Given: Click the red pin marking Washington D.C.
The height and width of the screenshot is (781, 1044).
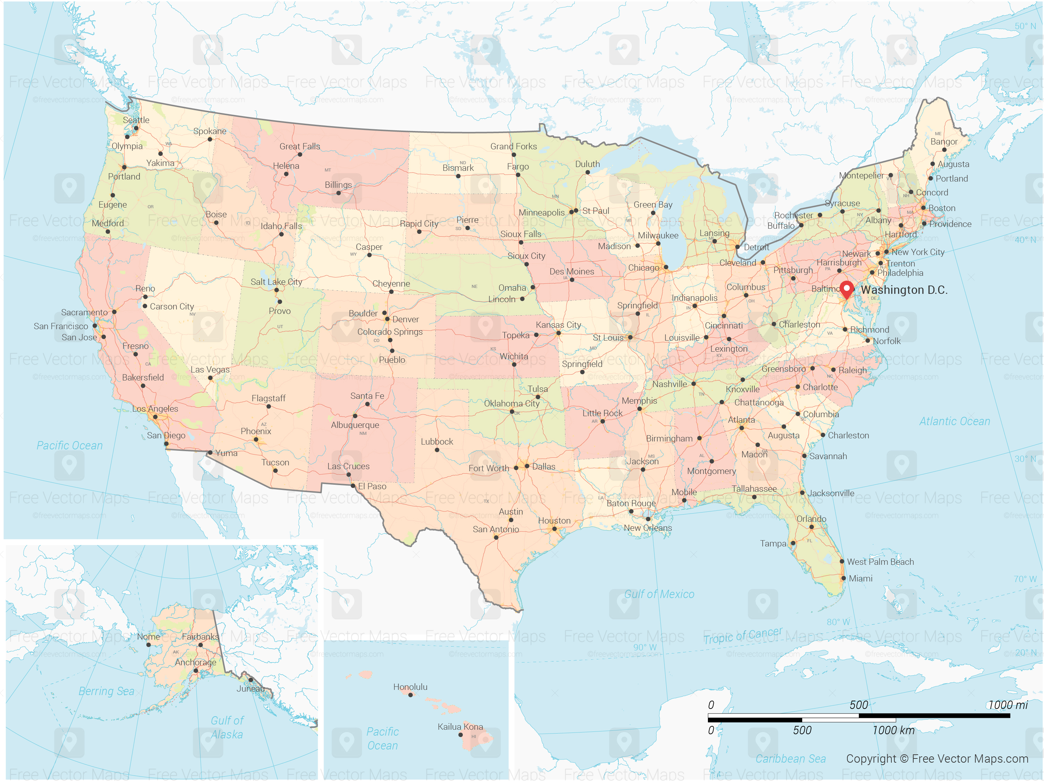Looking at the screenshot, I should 847,289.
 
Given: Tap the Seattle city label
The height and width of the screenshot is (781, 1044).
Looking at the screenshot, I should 136,120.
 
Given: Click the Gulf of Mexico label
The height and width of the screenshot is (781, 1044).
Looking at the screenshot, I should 659,594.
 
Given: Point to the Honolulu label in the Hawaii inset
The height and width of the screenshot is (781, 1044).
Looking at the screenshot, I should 410,687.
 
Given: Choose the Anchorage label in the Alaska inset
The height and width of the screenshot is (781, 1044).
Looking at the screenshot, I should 195,662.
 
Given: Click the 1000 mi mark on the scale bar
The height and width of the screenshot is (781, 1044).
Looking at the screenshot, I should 1008,705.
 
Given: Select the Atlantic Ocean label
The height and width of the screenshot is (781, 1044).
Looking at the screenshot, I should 954,421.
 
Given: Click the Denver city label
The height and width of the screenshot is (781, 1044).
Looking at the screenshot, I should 405,319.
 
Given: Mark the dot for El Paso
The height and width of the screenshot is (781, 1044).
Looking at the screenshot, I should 353,486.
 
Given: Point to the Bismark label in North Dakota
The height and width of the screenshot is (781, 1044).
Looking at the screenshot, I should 458,168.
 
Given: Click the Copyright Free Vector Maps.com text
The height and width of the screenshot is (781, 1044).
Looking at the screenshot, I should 937,759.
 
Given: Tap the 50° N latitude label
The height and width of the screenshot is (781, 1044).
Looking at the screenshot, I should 1025,26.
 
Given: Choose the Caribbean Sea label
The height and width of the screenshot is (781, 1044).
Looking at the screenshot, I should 790,759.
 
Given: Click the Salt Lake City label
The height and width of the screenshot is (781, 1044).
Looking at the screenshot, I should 276,282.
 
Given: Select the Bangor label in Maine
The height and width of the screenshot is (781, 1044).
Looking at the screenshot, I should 944,141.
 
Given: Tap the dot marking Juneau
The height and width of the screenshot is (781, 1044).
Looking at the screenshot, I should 251,679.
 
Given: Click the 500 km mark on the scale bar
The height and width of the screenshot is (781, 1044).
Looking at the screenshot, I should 802,730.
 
